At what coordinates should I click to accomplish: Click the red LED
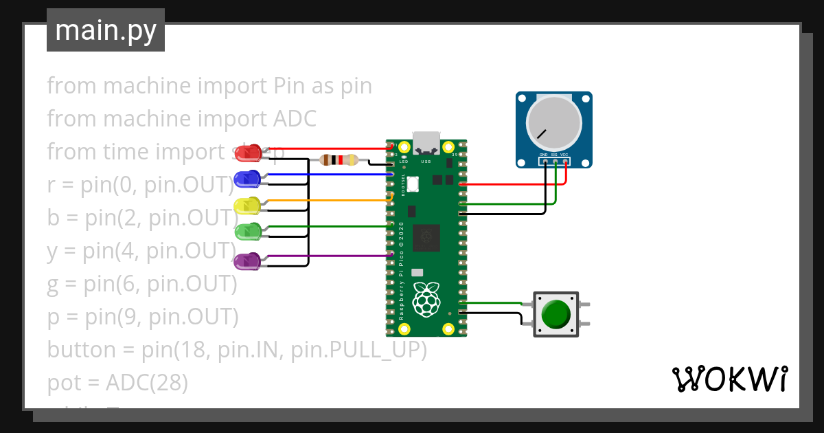point(248,152)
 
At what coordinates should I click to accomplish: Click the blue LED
point(247,179)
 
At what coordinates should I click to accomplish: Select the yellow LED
point(247,206)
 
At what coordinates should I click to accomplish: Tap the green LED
point(247,232)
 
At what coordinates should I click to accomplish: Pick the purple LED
point(247,261)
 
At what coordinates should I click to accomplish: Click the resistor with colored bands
point(339,160)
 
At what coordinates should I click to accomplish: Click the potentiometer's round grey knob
point(553,124)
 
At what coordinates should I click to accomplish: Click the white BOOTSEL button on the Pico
point(413,184)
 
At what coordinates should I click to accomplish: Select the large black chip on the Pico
point(428,238)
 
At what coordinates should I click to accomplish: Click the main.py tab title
point(106,30)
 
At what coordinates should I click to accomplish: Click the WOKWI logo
point(729,379)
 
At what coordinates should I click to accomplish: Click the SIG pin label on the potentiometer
point(554,155)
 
